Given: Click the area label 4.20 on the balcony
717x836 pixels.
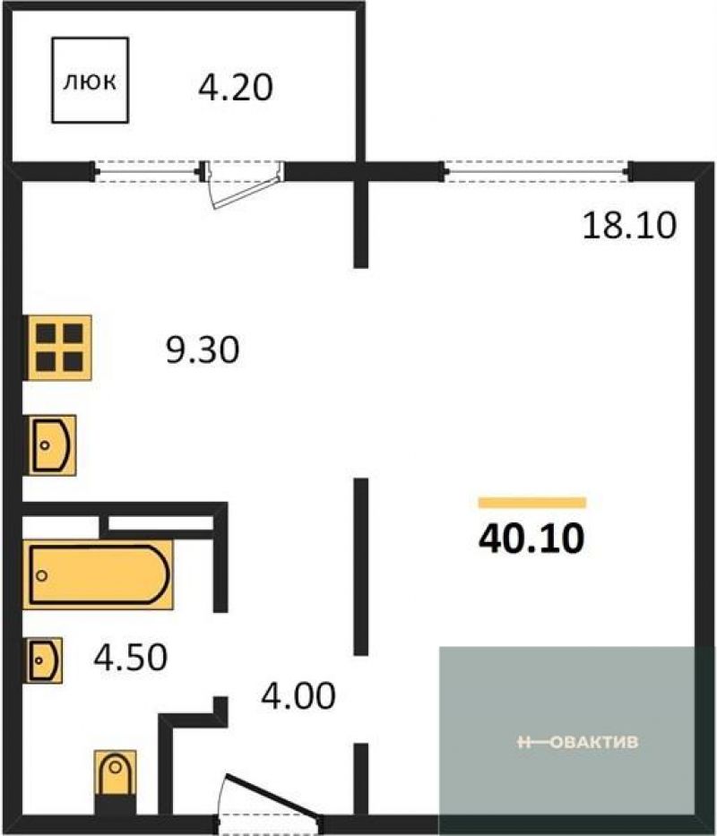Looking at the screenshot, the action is [235, 88].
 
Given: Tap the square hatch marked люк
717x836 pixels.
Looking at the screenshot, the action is [91, 80].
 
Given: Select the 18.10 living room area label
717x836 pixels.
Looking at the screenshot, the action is [629, 225].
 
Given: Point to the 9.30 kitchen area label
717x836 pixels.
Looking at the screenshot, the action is [203, 350].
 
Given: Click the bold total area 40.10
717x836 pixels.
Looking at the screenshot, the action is [531, 539].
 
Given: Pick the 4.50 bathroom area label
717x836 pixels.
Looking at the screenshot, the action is [131, 657].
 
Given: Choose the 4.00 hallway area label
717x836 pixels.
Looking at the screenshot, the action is [298, 695].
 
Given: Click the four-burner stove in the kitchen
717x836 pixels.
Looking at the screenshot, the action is [57, 348].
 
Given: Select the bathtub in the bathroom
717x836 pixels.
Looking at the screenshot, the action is [99, 574].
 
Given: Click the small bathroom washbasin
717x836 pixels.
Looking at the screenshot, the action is [43, 660].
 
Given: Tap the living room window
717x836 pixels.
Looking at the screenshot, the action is [536, 171].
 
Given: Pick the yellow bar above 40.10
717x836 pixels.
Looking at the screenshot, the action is [532, 503].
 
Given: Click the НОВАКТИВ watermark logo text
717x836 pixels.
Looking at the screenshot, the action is [578, 742].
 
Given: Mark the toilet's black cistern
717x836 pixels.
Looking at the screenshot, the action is [116, 804].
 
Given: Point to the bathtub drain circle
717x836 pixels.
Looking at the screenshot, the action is [41, 575].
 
